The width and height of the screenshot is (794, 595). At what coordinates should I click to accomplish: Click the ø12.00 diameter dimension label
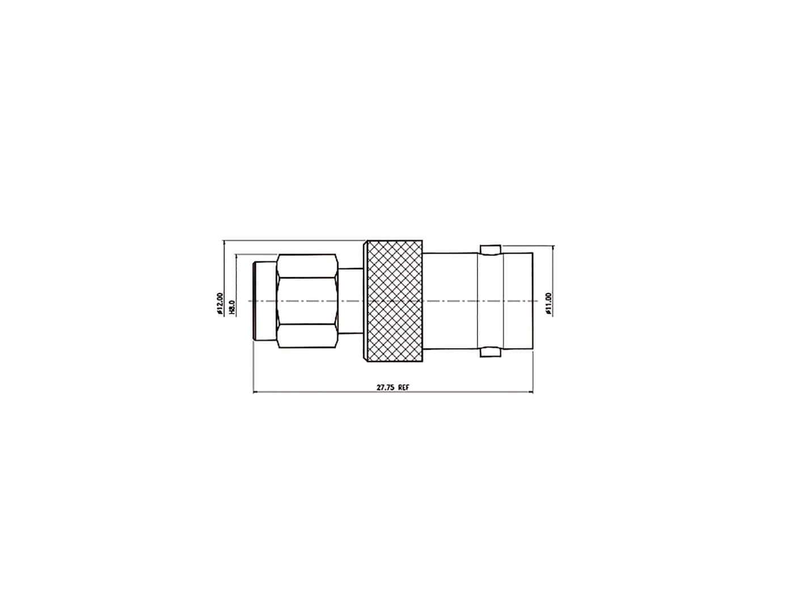pyautogui.click(x=220, y=303)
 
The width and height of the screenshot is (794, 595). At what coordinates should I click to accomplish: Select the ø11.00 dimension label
pyautogui.click(x=550, y=304)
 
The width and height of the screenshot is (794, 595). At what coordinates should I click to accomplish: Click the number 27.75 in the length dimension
pyautogui.click(x=385, y=387)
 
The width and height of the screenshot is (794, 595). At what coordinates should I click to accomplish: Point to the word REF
pyautogui.click(x=403, y=387)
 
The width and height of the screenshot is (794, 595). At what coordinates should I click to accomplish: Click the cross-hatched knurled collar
pyautogui.click(x=395, y=300)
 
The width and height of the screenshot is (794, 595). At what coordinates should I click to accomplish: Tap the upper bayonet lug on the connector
pyautogui.click(x=490, y=250)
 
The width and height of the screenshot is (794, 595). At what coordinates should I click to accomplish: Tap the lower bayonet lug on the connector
pyautogui.click(x=490, y=352)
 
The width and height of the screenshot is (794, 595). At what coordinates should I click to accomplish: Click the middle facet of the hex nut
pyautogui.click(x=307, y=300)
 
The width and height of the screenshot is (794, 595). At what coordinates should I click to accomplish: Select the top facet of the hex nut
pyautogui.click(x=307, y=266)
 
